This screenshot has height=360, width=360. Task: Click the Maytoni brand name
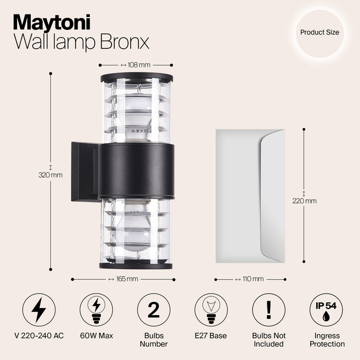[x=52, y=23]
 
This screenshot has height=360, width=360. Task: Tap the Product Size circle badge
[x=319, y=32]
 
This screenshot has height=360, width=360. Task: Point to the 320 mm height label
[x=50, y=175]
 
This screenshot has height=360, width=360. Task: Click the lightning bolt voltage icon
[x=39, y=310]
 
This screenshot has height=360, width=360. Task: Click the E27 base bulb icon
[x=211, y=310]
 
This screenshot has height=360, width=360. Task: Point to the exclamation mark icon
[x=268, y=310]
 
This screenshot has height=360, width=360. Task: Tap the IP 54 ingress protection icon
[x=326, y=310]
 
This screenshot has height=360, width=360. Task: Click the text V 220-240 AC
[x=39, y=336]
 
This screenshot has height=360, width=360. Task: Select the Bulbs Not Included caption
[x=268, y=339]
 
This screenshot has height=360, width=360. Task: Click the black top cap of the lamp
[x=137, y=78]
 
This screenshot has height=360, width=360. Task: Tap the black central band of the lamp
[x=136, y=171]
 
